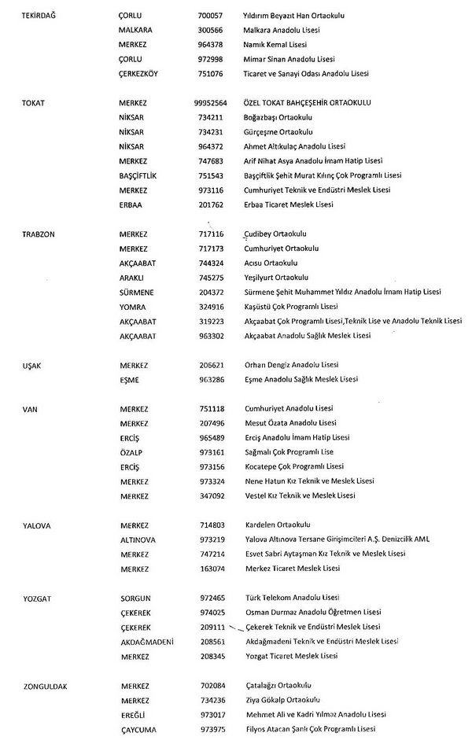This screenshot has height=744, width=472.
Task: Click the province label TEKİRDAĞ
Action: pos(39,16)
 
